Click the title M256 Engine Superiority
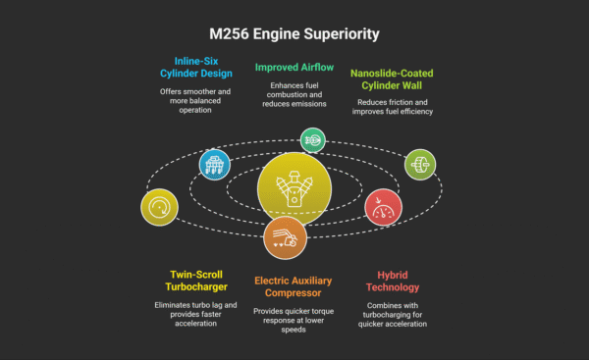click(x=294, y=34)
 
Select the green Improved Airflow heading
click(x=294, y=68)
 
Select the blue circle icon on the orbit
click(x=214, y=164)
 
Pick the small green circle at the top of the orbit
click(x=312, y=140)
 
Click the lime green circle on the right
click(x=419, y=163)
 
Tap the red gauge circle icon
click(x=382, y=208)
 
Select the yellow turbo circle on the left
click(x=160, y=208)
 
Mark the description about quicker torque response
click(x=294, y=320)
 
